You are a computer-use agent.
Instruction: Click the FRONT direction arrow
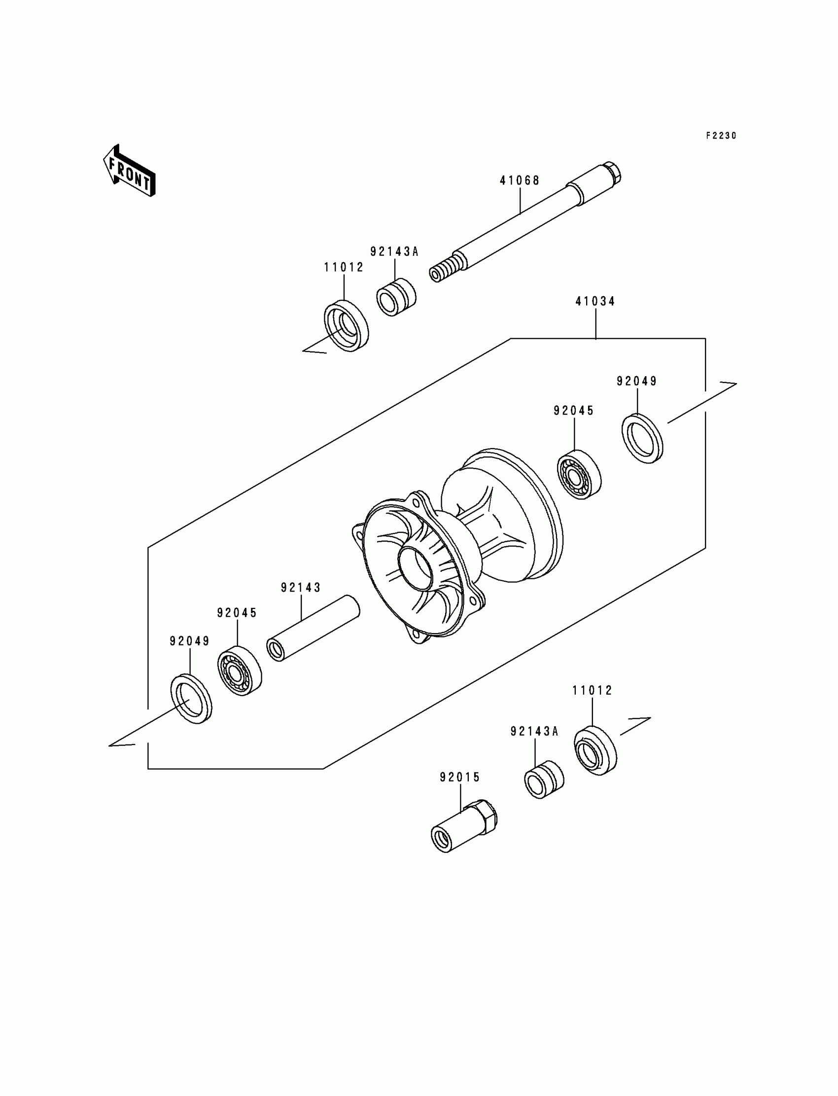tap(129, 171)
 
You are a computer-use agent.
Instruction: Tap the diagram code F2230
tap(721, 136)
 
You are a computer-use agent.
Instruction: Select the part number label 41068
tap(520, 180)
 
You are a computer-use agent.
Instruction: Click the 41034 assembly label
tap(595, 301)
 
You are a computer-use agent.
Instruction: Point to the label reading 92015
tap(460, 777)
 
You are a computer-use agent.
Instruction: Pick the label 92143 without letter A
tap(301, 588)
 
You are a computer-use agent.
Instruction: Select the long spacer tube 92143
tap(313, 629)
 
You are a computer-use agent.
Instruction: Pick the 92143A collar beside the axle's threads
tap(396, 297)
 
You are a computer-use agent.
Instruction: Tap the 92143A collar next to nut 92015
tap(544, 779)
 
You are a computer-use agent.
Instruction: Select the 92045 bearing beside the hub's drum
tap(579, 476)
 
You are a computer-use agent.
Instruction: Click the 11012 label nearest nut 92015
tap(592, 690)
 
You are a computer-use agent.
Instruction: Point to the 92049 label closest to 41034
tap(637, 381)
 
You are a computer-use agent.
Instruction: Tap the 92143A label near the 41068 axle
tap(394, 252)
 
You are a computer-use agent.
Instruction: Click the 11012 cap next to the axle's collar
tap(346, 326)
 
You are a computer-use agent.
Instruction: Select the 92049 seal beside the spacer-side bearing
tap(192, 699)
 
